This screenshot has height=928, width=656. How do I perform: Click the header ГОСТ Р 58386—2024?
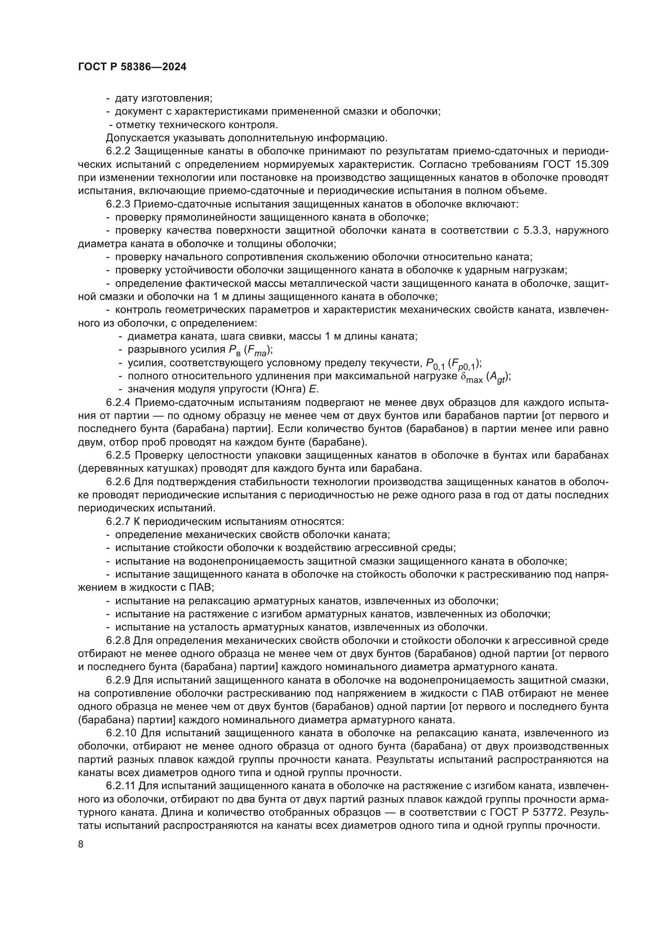coord(132,67)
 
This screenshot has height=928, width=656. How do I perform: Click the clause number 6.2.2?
coord(118,151)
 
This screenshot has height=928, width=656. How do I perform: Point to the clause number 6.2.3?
coord(118,204)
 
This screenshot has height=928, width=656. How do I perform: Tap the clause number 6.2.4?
coord(118,403)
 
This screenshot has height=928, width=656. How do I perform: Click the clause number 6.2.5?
coord(118,455)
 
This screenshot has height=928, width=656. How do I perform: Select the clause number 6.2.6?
coord(118,482)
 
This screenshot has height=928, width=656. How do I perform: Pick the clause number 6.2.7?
coord(118,521)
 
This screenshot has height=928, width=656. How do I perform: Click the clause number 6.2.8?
coord(118,641)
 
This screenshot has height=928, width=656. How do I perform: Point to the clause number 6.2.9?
coord(118,680)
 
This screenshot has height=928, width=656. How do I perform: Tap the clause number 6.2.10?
coord(121,733)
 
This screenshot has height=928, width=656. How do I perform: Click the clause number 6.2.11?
coord(121,786)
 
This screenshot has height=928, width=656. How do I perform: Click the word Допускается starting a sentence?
coord(138,138)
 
